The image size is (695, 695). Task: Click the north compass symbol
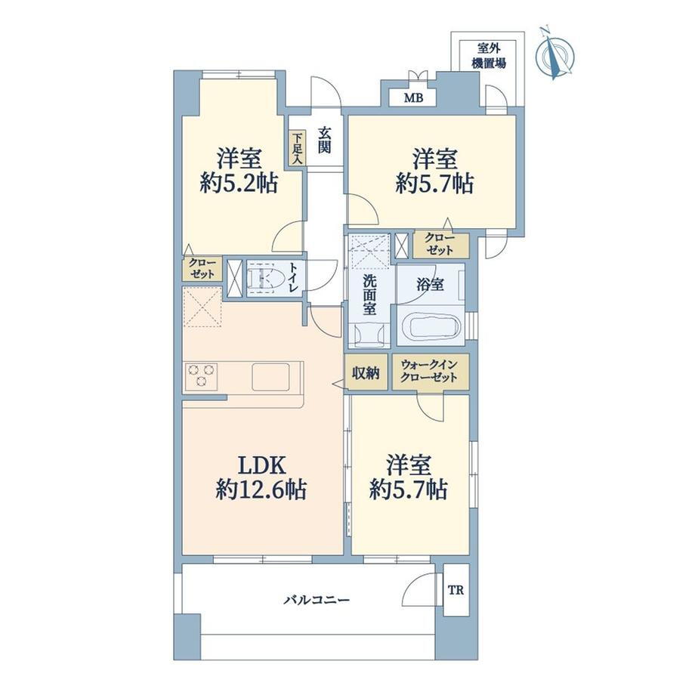[555, 54]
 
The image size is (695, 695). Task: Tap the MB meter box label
[413, 98]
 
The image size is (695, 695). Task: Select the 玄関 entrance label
[325, 140]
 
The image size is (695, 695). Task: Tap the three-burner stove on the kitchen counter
[202, 376]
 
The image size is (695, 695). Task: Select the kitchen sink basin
[270, 377]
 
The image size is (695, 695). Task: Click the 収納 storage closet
[366, 372]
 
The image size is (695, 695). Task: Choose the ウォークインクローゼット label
[429, 372]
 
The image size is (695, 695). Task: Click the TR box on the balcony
[456, 590]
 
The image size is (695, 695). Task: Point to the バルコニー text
[317, 601]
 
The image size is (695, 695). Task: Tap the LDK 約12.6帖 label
[261, 477]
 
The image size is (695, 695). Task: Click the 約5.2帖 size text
[239, 183]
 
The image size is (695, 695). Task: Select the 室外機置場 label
[489, 55]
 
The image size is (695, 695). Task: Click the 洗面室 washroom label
[369, 295]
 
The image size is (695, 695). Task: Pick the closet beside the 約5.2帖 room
[202, 269]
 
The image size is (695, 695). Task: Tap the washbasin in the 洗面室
[369, 334]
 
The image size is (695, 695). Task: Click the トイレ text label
[293, 277]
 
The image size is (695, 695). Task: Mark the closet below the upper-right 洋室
[441, 244]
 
